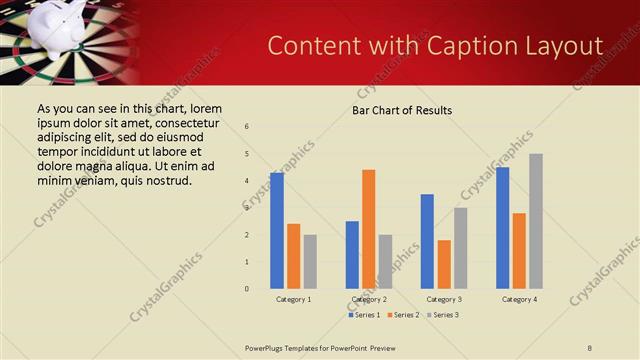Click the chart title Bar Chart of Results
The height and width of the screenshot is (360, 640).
pos(401,110)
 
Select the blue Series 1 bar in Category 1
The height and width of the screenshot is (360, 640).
pos(277,231)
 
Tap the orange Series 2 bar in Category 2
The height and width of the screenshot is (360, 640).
pos(369,229)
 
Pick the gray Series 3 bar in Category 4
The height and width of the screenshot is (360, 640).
pos(536,221)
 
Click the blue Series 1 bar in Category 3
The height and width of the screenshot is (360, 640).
pos(427,241)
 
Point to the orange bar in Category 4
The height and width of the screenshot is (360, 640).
pos(519,251)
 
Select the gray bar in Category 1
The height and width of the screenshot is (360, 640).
pos(310,262)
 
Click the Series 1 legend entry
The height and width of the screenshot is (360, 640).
pos(363,315)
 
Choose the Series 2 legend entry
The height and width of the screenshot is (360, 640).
pos(403,315)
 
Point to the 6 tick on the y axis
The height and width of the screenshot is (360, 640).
pos(247,127)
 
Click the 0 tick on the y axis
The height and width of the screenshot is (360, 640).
pos(247,289)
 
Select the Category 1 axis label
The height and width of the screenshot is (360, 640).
pos(294,299)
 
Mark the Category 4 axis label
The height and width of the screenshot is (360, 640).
pos(519,299)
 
